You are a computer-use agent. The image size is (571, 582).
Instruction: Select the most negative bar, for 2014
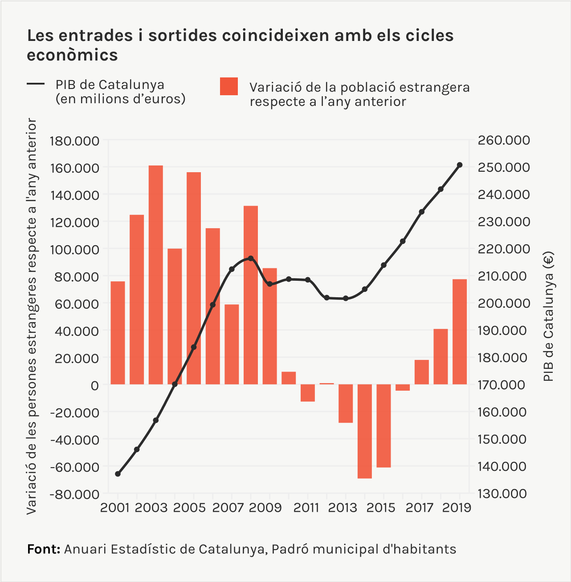pyautogui.click(x=364, y=431)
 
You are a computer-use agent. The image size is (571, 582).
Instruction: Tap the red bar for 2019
pyautogui.click(x=460, y=331)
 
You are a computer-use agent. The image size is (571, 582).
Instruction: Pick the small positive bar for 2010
pyautogui.click(x=289, y=378)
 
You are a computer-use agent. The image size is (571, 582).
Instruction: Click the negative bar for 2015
pyautogui.click(x=383, y=426)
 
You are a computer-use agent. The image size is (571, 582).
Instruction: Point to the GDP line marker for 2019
pyautogui.click(x=460, y=165)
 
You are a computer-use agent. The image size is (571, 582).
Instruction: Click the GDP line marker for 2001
pyautogui.click(x=118, y=474)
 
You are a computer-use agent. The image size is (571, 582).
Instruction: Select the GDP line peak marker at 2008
pyautogui.click(x=251, y=258)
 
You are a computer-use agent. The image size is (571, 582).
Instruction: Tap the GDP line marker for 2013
pyautogui.click(x=346, y=298)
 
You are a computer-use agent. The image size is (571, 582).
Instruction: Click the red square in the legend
pyautogui.click(x=229, y=86)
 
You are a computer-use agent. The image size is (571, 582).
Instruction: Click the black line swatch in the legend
pyautogui.click(x=36, y=84)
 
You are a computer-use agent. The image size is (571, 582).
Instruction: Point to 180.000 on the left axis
pyautogui.click(x=74, y=141)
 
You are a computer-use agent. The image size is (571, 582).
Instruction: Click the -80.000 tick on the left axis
pyautogui.click(x=74, y=494)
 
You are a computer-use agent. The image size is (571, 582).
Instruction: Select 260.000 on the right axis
pyautogui.click(x=504, y=141)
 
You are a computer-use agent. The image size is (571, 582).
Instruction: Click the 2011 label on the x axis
pyautogui.click(x=307, y=508)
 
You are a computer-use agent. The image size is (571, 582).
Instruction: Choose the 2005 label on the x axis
pyautogui.click(x=190, y=508)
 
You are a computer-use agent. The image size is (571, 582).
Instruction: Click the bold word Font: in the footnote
pyautogui.click(x=44, y=549)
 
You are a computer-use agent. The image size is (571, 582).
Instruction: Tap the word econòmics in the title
pyautogui.click(x=73, y=55)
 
